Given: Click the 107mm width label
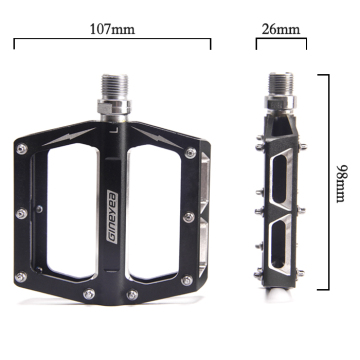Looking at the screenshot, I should point(113,29).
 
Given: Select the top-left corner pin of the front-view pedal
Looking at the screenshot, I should point(20,149).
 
